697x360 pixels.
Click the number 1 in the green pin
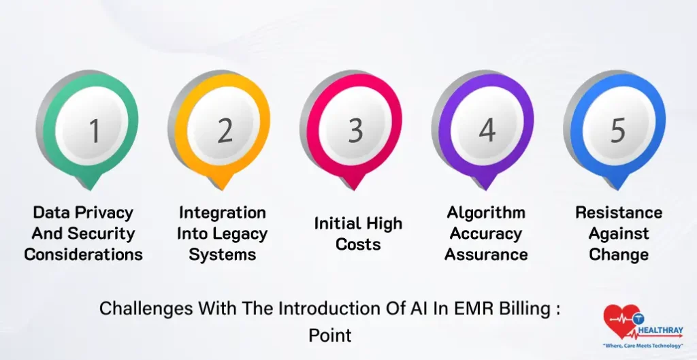pyautogui.click(x=95, y=130)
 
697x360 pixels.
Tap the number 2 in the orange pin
pyautogui.click(x=225, y=130)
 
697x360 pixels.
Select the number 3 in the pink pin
pyautogui.click(x=356, y=130)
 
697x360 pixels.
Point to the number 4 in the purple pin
pyautogui.click(x=487, y=130)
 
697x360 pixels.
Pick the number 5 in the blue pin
pyautogui.click(x=617, y=130)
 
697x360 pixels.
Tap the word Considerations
pyautogui.click(x=84, y=255)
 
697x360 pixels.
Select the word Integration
pyautogui.click(x=222, y=213)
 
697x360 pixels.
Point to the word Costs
pyautogui.click(x=358, y=244)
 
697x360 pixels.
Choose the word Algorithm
pyautogui.click(x=486, y=213)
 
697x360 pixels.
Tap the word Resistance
pyautogui.click(x=619, y=213)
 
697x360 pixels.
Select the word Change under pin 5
pyautogui.click(x=619, y=255)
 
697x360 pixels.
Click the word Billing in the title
pyautogui.click(x=522, y=308)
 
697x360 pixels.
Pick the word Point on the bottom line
pyautogui.click(x=330, y=335)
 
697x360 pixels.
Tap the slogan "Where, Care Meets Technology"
pyautogui.click(x=643, y=346)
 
